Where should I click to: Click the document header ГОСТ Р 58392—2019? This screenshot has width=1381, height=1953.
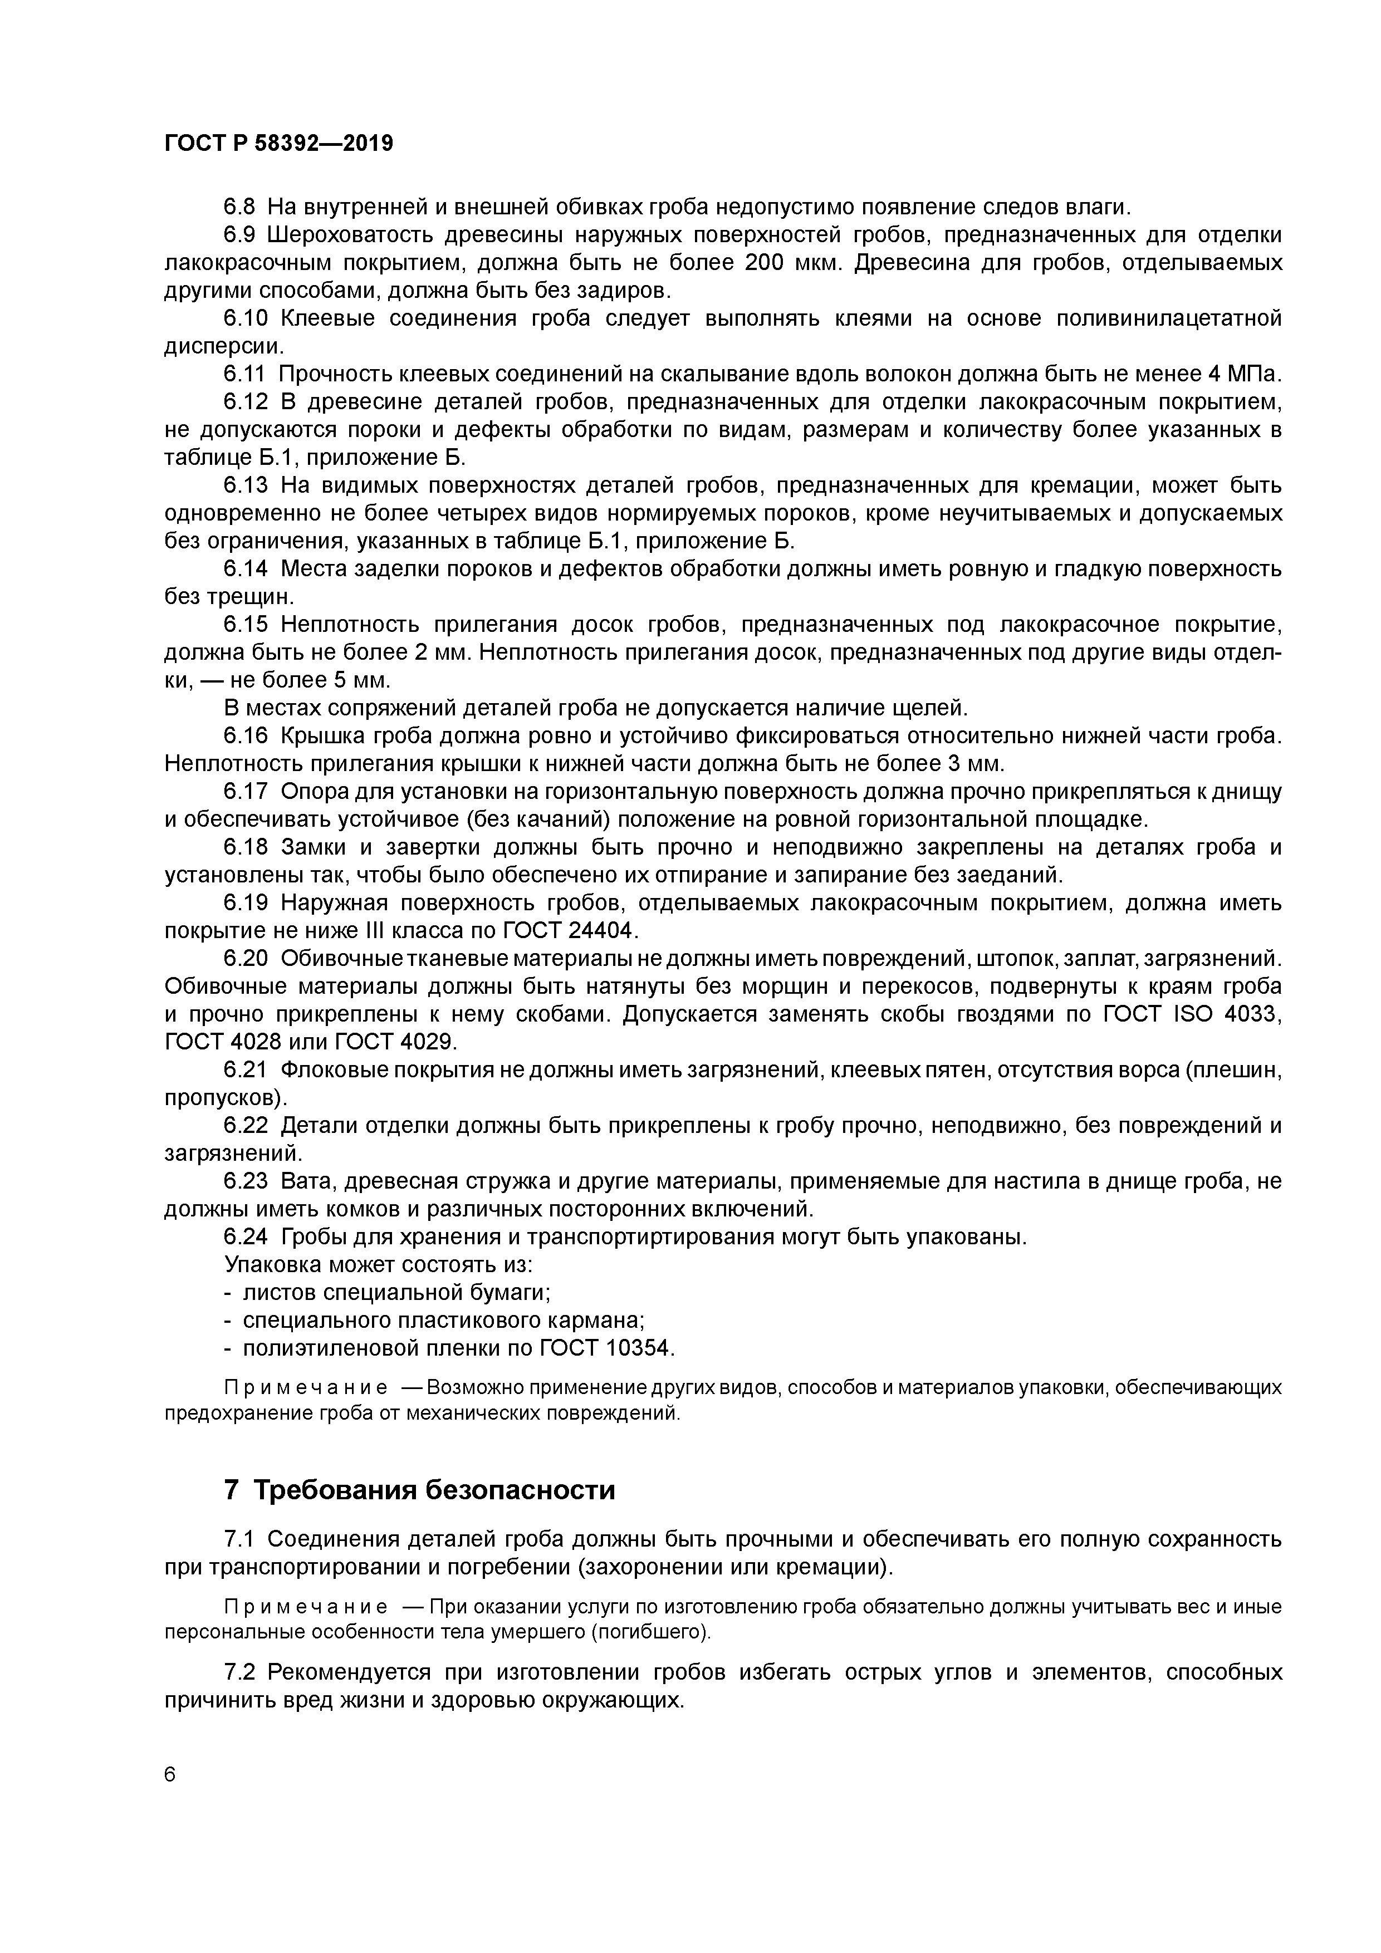(278, 144)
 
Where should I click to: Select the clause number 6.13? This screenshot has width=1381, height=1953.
(246, 485)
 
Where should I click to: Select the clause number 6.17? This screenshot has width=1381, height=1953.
(246, 792)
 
